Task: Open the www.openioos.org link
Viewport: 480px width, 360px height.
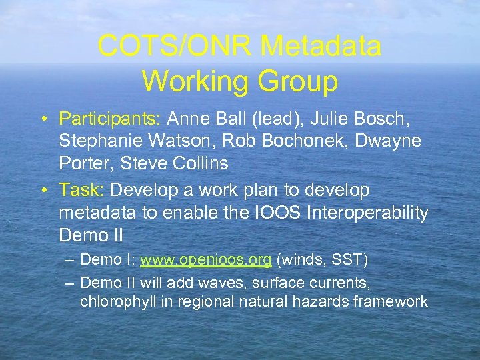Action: point(205,259)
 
